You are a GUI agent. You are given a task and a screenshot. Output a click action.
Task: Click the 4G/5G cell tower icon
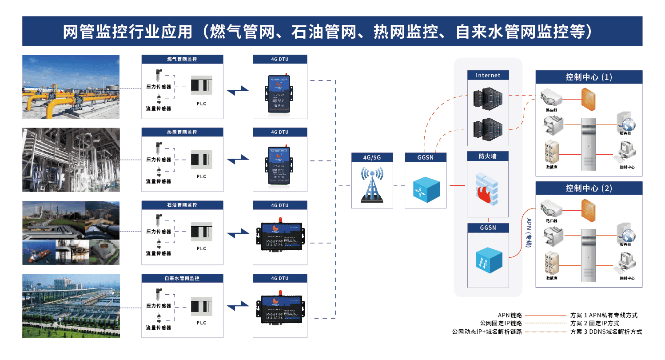(x=371, y=185)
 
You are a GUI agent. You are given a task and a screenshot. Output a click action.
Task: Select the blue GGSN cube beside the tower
(x=426, y=188)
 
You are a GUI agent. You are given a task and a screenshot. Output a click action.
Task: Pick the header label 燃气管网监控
(x=182, y=59)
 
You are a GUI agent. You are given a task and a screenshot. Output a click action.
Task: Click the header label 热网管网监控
(x=182, y=132)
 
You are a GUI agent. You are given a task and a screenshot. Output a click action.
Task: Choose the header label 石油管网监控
(x=182, y=205)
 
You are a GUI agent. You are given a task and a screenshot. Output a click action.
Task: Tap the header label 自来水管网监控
(x=182, y=278)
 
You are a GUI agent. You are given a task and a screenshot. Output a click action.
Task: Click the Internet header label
(x=488, y=76)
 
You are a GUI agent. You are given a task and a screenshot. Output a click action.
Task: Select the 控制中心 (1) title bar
(x=589, y=77)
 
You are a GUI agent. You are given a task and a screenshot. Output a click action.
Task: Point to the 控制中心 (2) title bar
(x=589, y=188)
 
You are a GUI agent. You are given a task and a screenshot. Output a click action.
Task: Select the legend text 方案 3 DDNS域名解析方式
(x=606, y=332)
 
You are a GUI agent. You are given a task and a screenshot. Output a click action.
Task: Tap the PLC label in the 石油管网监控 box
(x=201, y=248)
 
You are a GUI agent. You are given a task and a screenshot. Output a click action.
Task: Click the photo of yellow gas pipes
(x=71, y=87)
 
